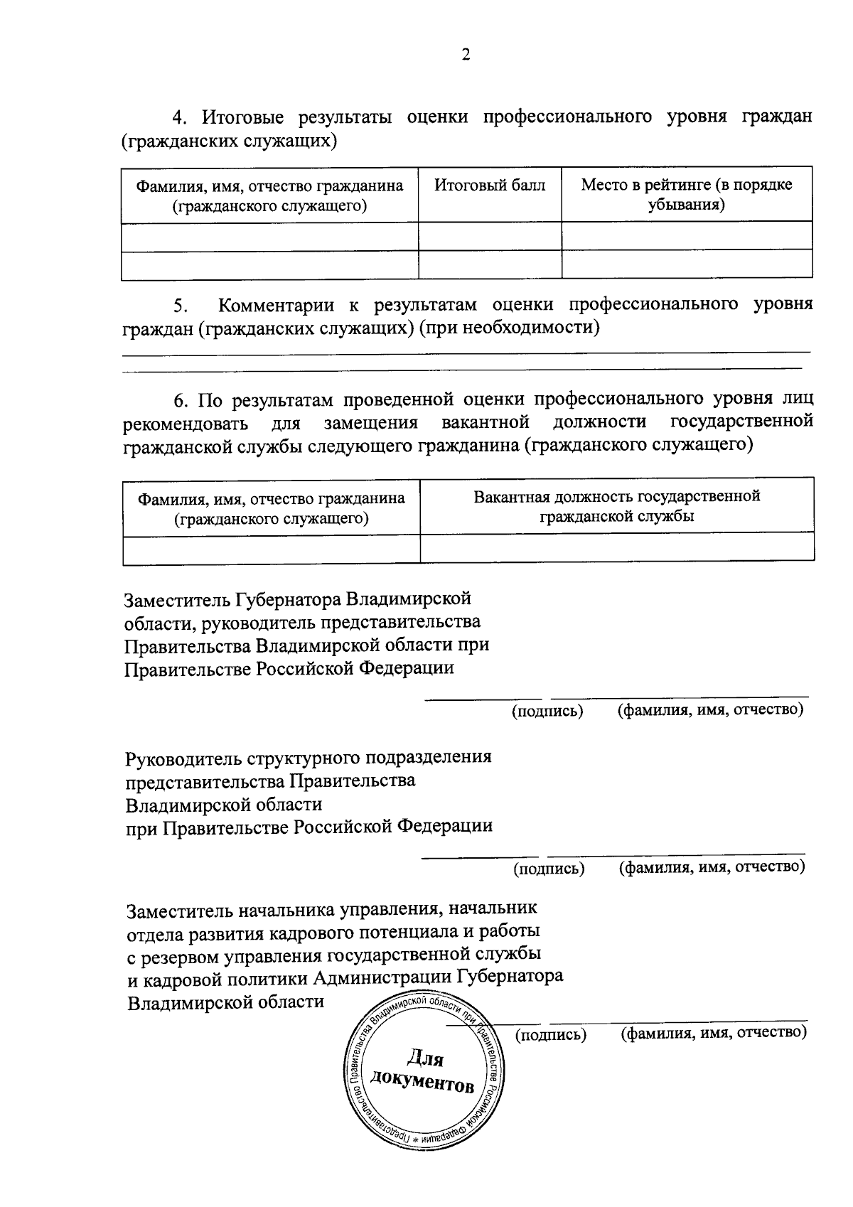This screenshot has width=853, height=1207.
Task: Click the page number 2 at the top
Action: (x=466, y=55)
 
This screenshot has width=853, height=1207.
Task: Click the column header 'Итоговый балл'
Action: (x=490, y=186)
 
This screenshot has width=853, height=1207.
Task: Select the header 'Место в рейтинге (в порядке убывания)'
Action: (x=686, y=195)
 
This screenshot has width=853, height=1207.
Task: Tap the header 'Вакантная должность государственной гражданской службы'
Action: (x=616, y=506)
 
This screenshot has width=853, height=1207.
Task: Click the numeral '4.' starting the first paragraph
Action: (x=182, y=117)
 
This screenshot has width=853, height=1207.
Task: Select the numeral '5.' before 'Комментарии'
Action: (x=181, y=306)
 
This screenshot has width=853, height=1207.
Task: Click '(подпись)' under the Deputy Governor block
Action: (x=547, y=711)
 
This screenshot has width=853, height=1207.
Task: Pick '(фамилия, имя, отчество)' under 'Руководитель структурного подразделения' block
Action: (x=712, y=867)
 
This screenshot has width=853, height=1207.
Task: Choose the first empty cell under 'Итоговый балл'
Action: (x=490, y=235)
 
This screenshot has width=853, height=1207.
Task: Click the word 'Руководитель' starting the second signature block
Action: (x=184, y=757)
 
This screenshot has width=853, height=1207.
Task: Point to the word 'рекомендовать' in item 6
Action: (x=186, y=424)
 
